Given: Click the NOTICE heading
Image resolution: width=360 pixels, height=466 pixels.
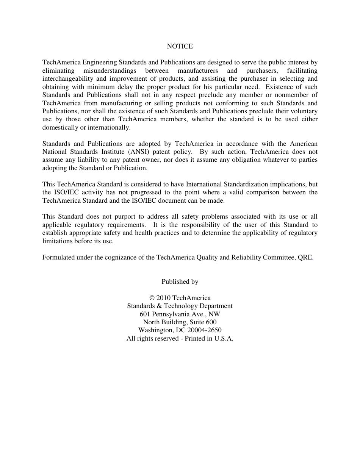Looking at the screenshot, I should click(180, 46).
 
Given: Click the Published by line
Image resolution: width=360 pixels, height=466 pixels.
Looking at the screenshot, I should click(180, 282).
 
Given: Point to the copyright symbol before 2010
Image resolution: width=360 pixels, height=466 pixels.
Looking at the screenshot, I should click(152, 298).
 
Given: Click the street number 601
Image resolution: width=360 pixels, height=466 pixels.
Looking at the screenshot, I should click(145, 314).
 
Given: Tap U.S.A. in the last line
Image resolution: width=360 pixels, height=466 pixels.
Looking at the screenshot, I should click(224, 339).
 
